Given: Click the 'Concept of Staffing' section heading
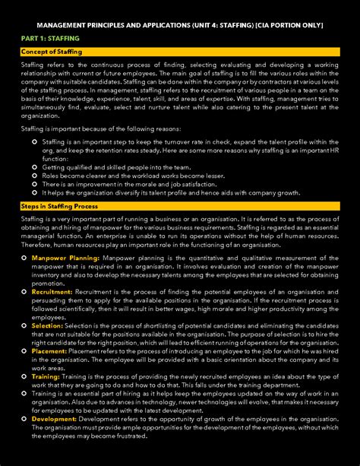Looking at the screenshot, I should tap(52, 52).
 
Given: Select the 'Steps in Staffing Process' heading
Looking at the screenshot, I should tap(59, 206).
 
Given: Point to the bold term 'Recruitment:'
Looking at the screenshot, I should tap(52, 291).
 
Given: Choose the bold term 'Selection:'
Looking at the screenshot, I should tap(47, 325).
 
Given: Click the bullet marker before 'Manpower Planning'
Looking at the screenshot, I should tap(24, 258).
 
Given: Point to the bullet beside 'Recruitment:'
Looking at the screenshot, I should tap(24, 291).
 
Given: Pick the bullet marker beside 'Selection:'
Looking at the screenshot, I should tap(24, 325).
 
